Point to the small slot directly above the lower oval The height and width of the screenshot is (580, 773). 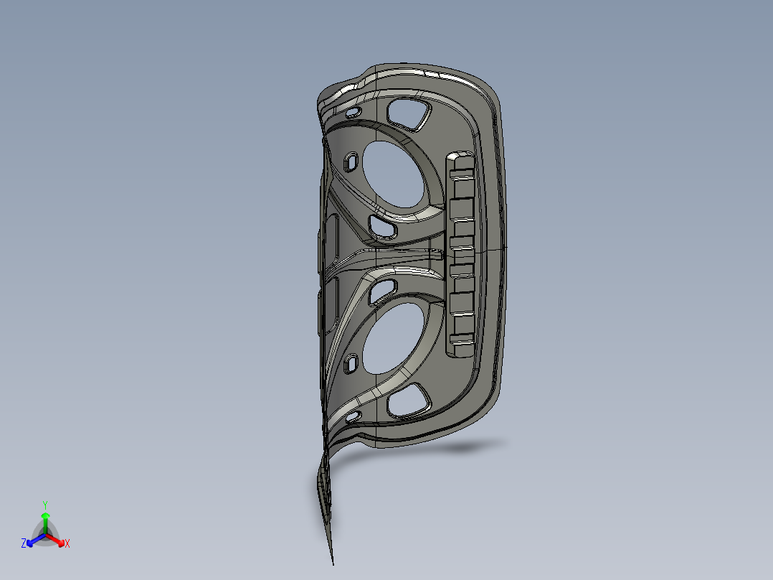point(383,289)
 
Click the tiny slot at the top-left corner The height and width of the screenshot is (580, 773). point(352,113)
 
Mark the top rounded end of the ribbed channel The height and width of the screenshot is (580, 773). point(458,157)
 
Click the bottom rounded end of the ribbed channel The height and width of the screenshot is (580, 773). point(458,350)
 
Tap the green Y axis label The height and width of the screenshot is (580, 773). point(45,505)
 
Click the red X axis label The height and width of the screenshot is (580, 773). point(67,544)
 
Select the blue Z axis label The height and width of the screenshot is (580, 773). point(24,544)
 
